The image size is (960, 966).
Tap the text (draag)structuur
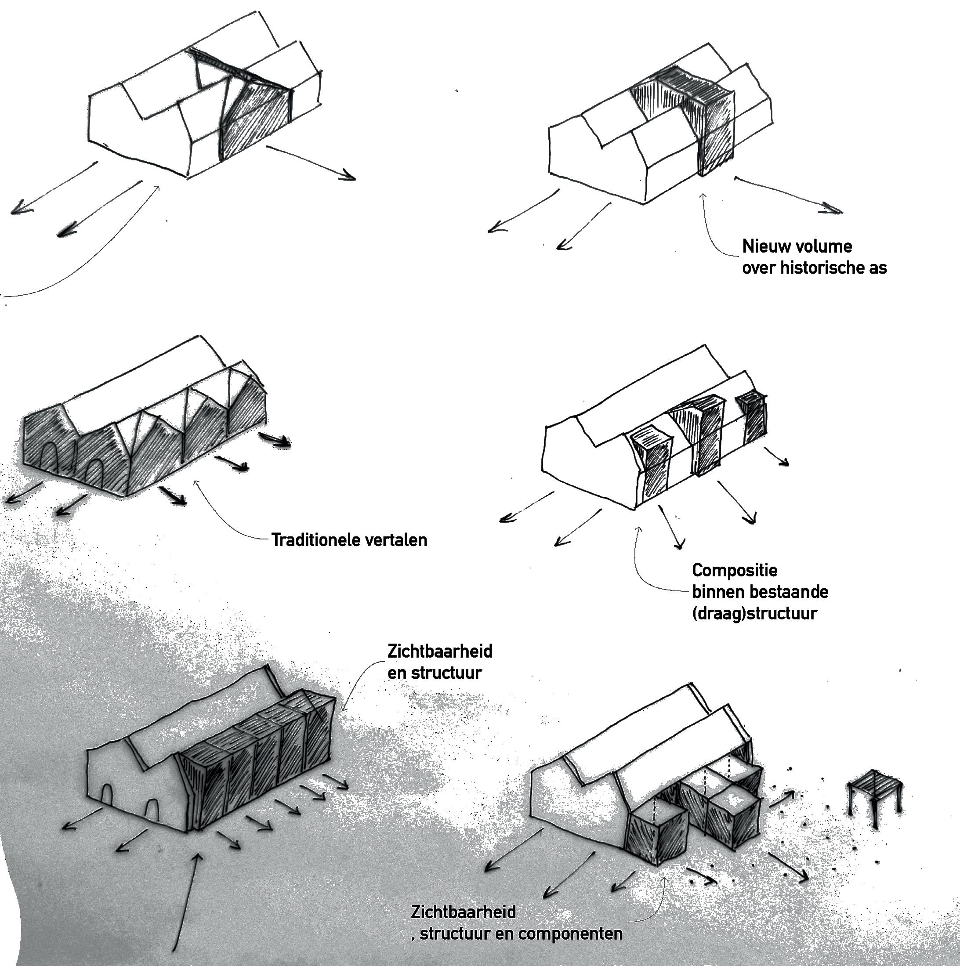(754, 614)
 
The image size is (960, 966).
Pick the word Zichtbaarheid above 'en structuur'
(440, 651)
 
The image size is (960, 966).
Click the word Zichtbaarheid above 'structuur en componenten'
(463, 912)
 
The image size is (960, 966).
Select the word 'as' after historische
(877, 268)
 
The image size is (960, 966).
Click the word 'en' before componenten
(506, 933)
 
